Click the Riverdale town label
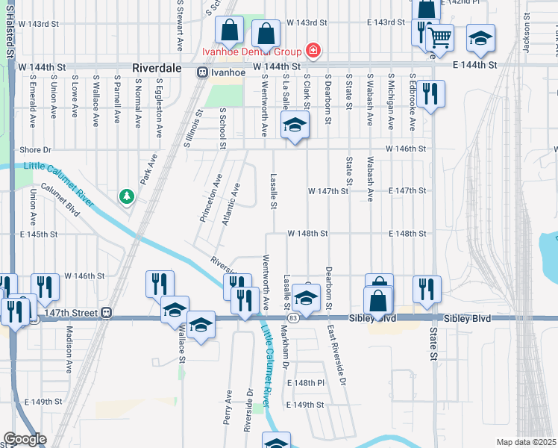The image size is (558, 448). (157, 67)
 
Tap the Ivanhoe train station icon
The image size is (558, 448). (202, 72)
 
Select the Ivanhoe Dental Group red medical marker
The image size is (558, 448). (313, 51)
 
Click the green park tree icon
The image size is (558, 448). (128, 196)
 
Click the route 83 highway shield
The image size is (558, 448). (294, 318)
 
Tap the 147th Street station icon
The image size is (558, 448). (107, 312)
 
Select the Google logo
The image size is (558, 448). (25, 439)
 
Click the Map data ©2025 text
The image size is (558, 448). (526, 442)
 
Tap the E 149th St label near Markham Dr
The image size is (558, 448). (306, 405)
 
